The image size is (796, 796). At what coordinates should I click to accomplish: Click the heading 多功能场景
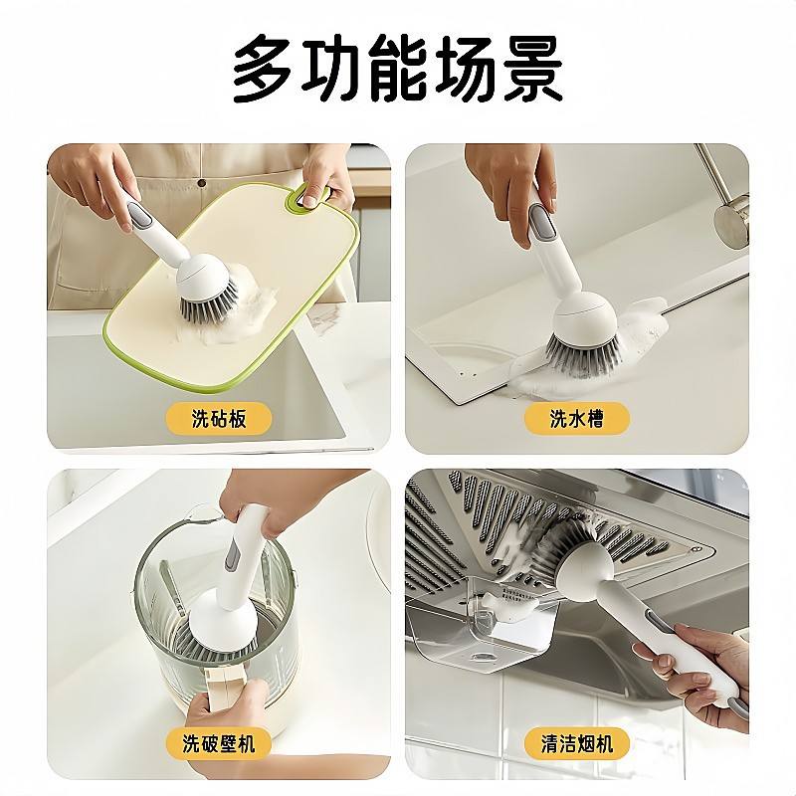coord(397,70)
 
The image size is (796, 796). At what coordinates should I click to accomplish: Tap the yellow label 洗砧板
coord(219,419)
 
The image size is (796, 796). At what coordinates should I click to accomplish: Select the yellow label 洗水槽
coord(577,419)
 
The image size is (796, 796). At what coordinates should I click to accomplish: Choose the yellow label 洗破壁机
coord(219,743)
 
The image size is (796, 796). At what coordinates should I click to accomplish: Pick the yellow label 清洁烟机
coord(577,743)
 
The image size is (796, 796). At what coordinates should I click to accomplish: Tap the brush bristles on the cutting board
coord(209,303)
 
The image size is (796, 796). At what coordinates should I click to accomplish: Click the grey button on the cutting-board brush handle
coord(141,214)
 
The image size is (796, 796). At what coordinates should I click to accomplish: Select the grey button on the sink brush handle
coord(540,222)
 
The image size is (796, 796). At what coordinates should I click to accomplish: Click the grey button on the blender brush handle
coord(232,555)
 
